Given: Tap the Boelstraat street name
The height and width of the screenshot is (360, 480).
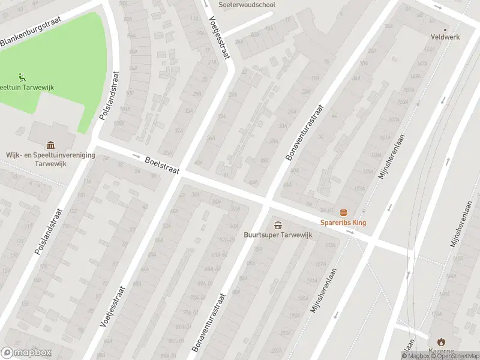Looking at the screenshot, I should pyautogui.click(x=163, y=166).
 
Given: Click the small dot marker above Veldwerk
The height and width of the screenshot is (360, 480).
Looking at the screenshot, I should pyautogui.click(x=445, y=29).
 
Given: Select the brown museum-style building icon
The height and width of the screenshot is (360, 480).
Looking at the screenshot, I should pyautogui.click(x=51, y=145).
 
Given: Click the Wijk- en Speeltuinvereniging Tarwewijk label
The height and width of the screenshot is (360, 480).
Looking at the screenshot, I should pyautogui.click(x=50, y=159).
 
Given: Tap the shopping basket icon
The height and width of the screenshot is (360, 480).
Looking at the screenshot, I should pyautogui.click(x=278, y=225).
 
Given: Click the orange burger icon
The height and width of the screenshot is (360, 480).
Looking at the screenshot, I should pyautogui.click(x=343, y=212).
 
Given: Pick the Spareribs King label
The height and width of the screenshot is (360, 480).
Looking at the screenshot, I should pyautogui.click(x=343, y=223).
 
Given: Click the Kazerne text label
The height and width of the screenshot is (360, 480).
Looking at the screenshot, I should pyautogui.click(x=442, y=352).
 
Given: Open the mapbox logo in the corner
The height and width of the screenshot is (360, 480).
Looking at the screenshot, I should pyautogui.click(x=26, y=353).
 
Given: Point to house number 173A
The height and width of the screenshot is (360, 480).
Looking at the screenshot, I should pyautogui.click(x=359, y=188).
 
